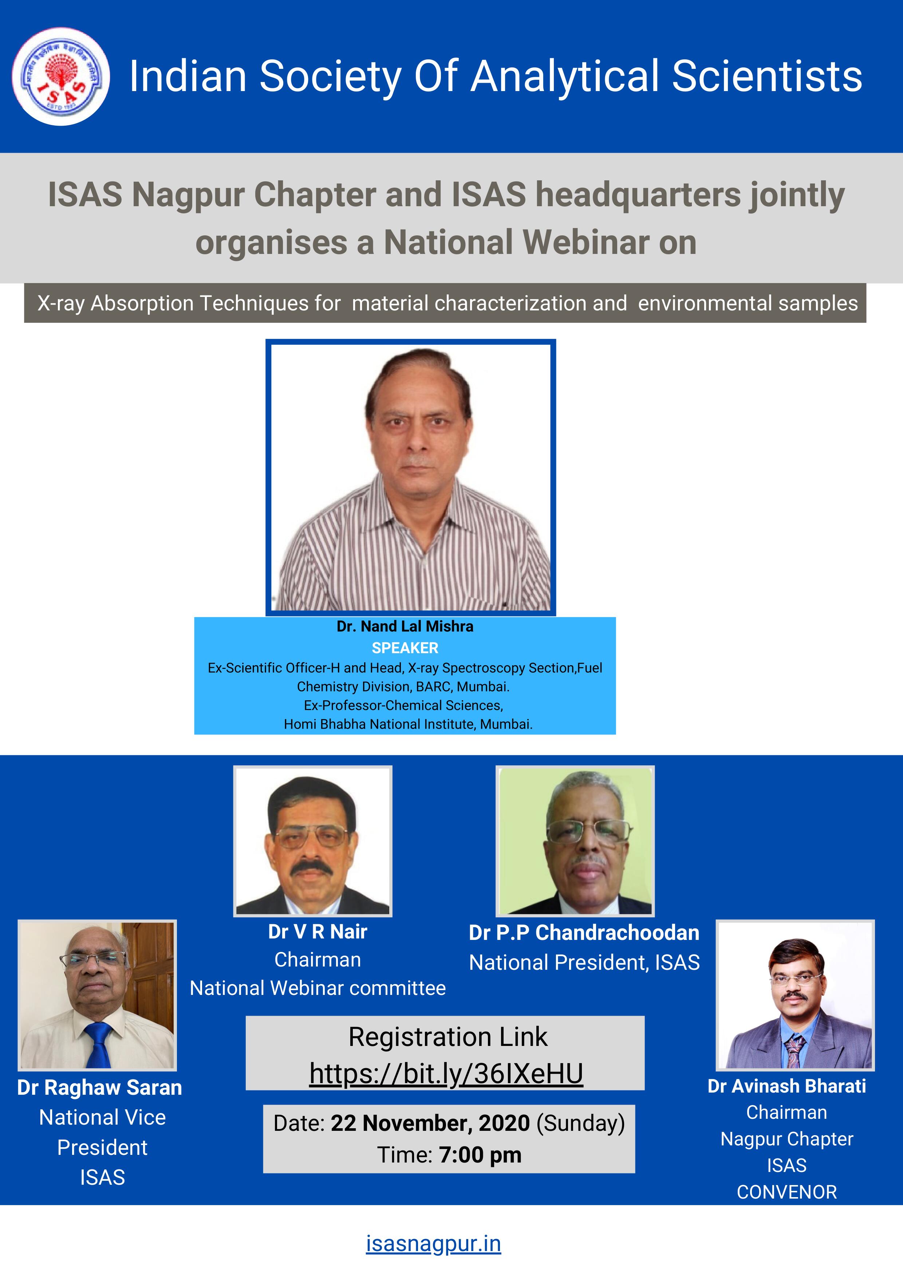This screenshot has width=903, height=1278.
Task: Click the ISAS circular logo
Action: (x=61, y=76)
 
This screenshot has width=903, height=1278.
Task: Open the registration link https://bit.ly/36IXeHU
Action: (x=446, y=1074)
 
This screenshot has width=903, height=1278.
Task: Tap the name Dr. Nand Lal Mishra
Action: (x=405, y=626)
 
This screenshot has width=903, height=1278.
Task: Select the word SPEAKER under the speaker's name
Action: (x=405, y=648)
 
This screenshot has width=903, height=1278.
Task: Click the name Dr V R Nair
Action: (x=318, y=932)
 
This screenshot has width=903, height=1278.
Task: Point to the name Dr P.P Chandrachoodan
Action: (x=584, y=933)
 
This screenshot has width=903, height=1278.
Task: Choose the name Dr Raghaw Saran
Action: (x=100, y=1087)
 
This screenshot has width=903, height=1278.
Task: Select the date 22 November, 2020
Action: (x=430, y=1123)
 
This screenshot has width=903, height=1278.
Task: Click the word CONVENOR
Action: (x=787, y=1192)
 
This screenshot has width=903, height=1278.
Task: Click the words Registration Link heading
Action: (x=448, y=1037)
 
